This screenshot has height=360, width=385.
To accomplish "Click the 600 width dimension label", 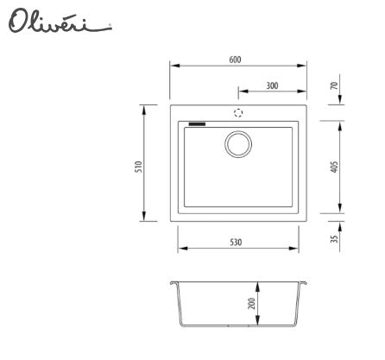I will (236, 60).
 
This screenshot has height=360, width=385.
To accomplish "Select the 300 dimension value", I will (272, 85).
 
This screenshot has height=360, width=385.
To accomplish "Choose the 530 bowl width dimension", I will (236, 243).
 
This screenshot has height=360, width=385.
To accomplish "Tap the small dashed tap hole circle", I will (238, 113).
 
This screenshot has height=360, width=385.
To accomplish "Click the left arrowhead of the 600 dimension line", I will (173, 66).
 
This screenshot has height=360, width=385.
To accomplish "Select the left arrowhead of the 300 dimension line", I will (242, 92).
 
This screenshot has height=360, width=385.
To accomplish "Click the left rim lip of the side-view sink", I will (174, 283).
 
